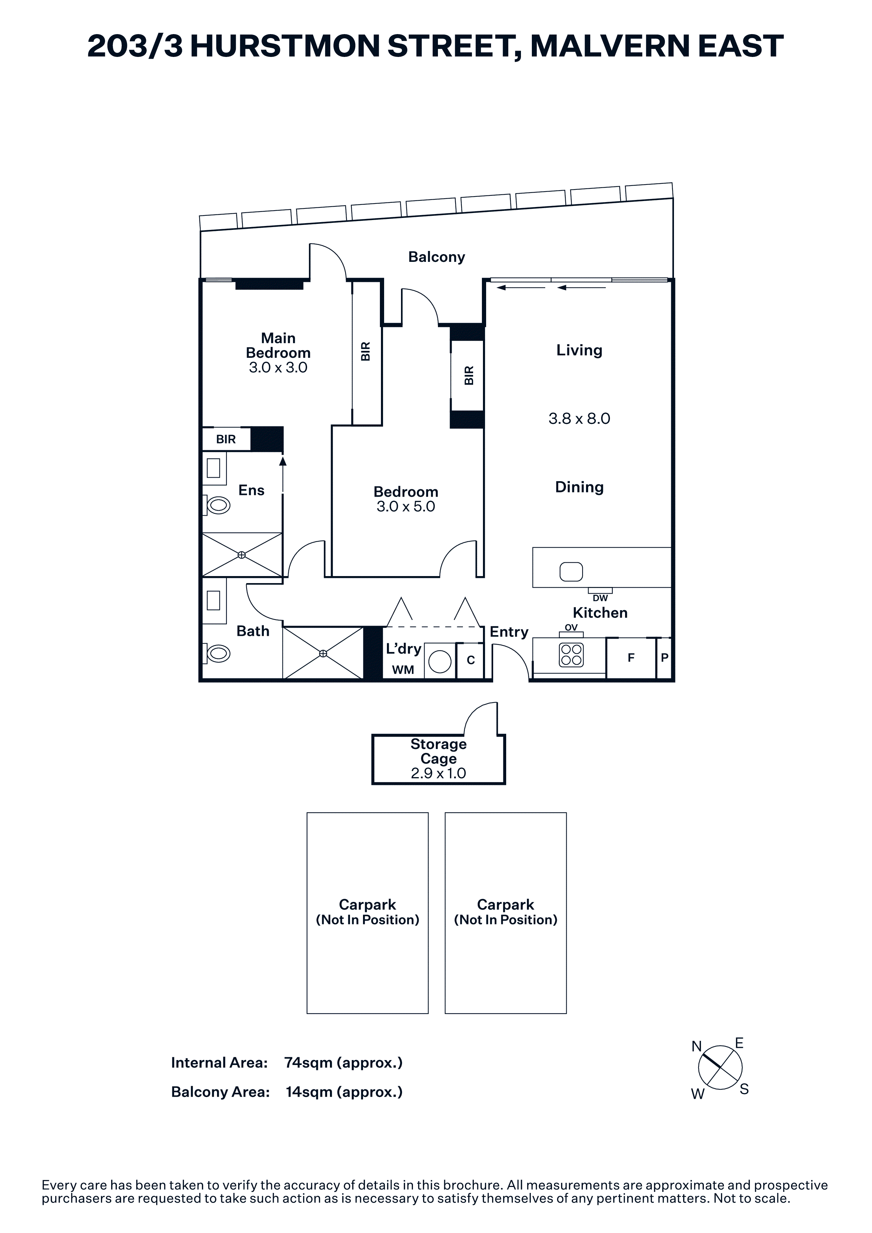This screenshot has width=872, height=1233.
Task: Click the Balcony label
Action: click(x=436, y=257)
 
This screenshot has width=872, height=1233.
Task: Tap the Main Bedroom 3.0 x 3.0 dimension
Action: click(x=278, y=368)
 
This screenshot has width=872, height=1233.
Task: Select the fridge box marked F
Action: click(x=631, y=658)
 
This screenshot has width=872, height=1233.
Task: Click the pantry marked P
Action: click(x=664, y=658)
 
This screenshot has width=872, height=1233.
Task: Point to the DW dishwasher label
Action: click(x=600, y=598)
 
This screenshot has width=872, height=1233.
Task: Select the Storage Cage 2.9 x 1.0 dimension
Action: click(x=438, y=773)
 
